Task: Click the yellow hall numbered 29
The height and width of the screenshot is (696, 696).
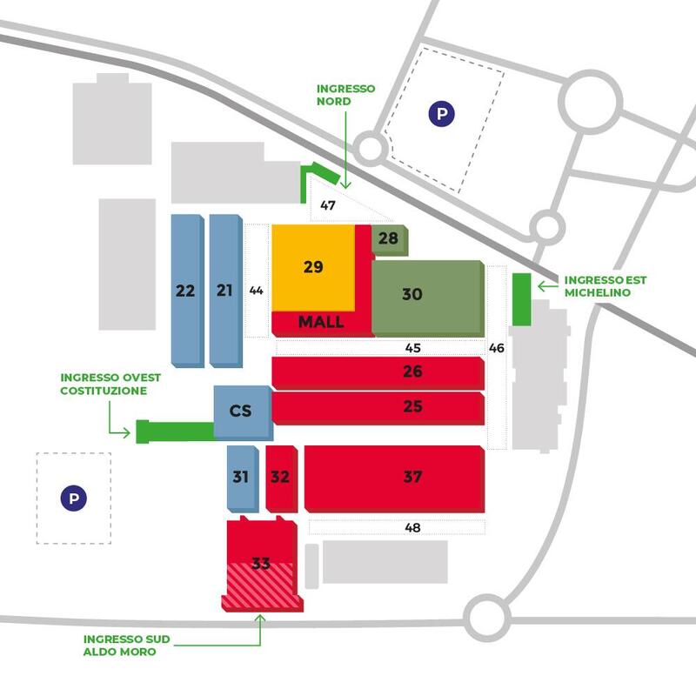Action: [x=313, y=266]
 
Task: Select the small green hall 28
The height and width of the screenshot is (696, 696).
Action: [x=388, y=238]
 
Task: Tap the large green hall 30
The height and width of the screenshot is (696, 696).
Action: [x=426, y=295]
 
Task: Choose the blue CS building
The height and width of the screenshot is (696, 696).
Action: [x=241, y=410]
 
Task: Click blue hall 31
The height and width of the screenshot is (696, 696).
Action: [x=241, y=477]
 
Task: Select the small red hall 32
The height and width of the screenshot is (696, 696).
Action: [x=280, y=477]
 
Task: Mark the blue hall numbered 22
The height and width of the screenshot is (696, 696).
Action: [x=184, y=291]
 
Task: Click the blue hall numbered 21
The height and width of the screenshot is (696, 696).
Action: [x=224, y=291]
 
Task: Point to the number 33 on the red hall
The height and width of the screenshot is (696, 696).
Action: [x=260, y=563]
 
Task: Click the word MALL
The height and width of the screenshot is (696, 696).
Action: [x=321, y=322]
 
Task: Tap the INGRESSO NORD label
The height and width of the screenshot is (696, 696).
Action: [x=346, y=95]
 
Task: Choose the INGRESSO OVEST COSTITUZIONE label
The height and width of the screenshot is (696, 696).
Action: [x=104, y=385]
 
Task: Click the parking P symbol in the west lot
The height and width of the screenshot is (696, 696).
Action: [x=73, y=499]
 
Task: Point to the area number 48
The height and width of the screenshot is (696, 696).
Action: [x=413, y=526]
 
